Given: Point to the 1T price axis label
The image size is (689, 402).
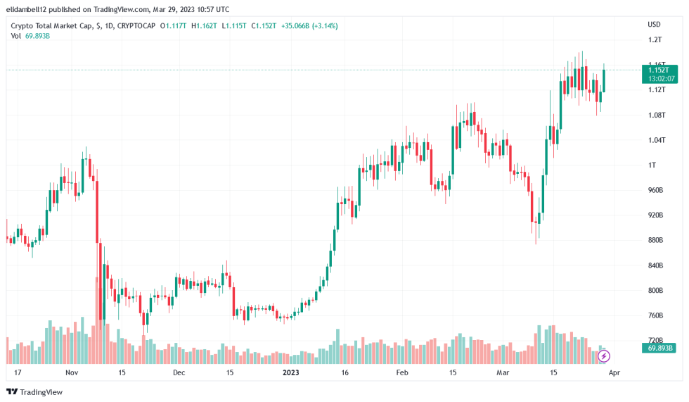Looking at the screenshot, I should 651,165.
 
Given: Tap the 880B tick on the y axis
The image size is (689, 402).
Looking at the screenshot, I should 655,240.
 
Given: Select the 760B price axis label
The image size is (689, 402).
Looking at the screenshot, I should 655,315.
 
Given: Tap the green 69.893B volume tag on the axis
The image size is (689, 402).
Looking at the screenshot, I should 659,348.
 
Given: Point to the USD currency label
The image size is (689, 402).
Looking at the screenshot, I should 654,25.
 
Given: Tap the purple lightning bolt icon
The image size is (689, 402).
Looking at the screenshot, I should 603,356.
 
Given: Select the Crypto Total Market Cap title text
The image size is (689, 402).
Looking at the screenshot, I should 53,25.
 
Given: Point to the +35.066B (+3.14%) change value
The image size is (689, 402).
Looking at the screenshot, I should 309,25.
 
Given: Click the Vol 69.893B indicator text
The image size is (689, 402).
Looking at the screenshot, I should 30,36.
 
